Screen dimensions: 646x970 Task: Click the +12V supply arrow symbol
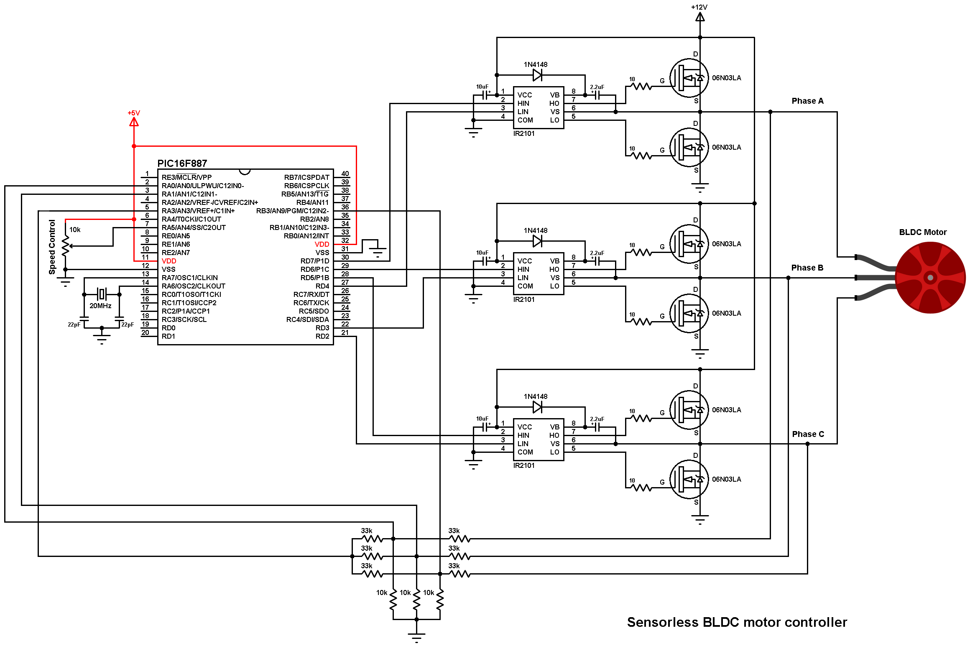click(700, 17)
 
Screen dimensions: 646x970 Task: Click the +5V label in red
click(134, 113)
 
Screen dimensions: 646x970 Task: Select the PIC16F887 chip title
click(182, 163)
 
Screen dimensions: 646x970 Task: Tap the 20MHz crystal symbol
click(102, 294)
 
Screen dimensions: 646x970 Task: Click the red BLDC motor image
click(930, 277)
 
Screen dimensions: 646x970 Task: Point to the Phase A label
click(807, 101)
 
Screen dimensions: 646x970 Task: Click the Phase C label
click(808, 434)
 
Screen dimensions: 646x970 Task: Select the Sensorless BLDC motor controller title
click(737, 622)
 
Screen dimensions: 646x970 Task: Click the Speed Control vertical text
click(52, 247)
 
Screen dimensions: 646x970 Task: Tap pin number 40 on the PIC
click(345, 174)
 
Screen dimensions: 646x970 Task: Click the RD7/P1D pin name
click(314, 261)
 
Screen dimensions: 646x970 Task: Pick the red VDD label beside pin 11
click(169, 261)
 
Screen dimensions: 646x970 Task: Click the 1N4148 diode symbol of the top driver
click(538, 75)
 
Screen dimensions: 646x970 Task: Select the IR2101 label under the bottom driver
click(524, 465)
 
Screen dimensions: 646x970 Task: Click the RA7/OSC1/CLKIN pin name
click(189, 278)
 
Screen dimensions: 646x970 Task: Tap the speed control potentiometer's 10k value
click(75, 230)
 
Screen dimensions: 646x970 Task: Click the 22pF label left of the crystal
click(74, 324)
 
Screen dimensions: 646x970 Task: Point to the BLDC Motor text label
click(923, 232)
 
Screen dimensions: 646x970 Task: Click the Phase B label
click(807, 268)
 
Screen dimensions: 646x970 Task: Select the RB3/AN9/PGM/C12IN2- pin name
click(292, 211)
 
